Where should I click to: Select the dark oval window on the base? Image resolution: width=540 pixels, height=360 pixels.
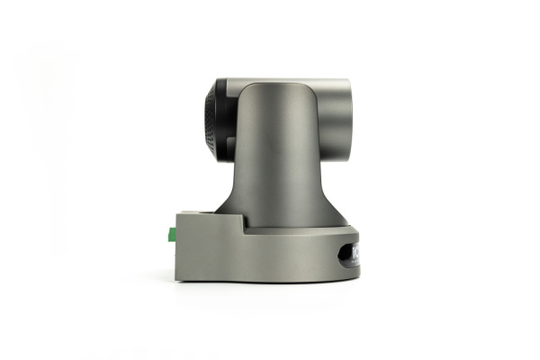(x=349, y=255)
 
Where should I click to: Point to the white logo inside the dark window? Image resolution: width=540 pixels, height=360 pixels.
(x=355, y=254)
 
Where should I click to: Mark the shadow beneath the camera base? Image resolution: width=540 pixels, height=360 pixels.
(x=270, y=286)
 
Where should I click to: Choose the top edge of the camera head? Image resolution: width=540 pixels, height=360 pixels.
(x=288, y=79)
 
